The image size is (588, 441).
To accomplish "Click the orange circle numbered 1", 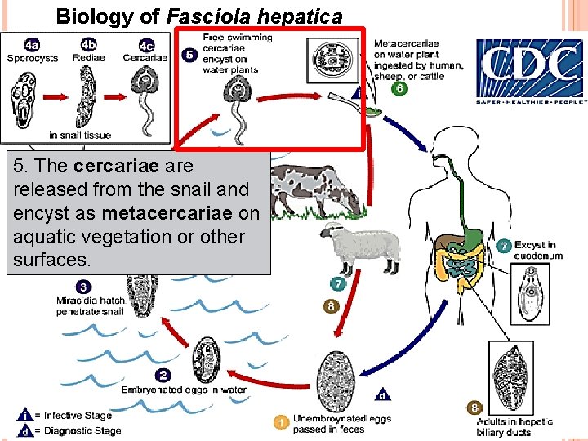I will point(281,422).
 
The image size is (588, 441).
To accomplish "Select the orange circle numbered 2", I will point(163,376).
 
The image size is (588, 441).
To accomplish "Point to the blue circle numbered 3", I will point(83,287).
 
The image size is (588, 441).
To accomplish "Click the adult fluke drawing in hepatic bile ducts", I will point(512,370).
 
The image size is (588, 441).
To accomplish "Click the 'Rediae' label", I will point(88,58).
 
